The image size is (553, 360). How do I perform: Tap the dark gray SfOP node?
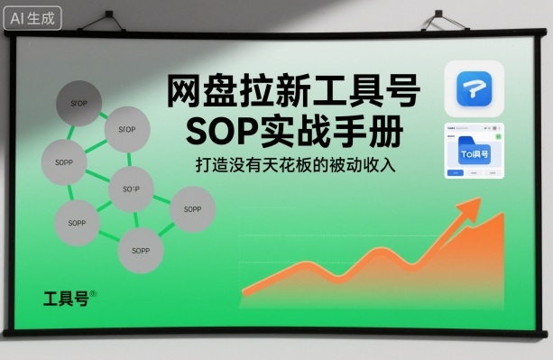pyautogui.click(x=78, y=103)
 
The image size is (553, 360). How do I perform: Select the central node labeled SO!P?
pyautogui.click(x=131, y=189)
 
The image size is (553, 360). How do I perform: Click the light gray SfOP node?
pyautogui.click(x=126, y=130)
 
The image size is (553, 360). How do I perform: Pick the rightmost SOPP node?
pyautogui.click(x=192, y=208)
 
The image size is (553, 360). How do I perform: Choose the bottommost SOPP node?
pyautogui.click(x=140, y=248)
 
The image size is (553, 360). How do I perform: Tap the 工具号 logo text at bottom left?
pyautogui.click(x=65, y=299)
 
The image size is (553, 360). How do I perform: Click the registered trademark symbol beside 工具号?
pyautogui.click(x=93, y=293)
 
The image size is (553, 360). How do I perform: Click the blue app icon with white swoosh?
pyautogui.click(x=475, y=88)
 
